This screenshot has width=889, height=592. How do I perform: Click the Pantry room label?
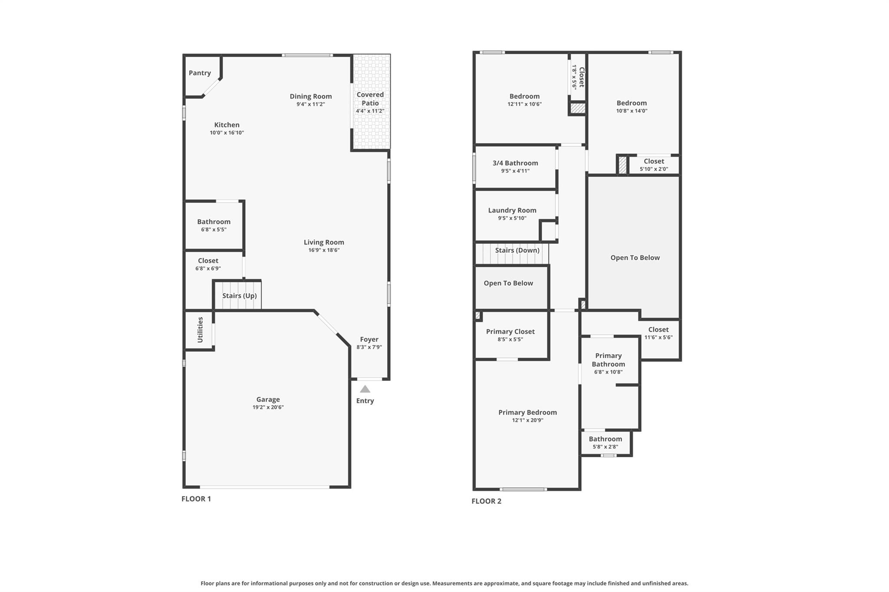200,73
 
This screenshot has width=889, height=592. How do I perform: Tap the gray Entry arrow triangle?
365,389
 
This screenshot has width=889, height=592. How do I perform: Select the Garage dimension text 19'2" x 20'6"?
268,407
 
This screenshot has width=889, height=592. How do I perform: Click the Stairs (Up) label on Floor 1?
239,296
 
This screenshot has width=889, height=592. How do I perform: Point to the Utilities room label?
200,330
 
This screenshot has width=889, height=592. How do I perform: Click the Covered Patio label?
370,99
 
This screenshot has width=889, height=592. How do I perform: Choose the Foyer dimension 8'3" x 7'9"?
369,347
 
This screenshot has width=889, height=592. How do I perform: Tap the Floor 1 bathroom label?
214,222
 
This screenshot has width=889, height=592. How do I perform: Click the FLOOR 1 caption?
196,499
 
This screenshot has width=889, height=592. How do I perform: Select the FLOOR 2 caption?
486,501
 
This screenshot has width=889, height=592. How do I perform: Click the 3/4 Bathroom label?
515,163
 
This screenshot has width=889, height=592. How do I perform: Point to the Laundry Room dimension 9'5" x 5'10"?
512,218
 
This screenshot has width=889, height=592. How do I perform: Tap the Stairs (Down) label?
517,250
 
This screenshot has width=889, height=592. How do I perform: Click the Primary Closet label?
510,331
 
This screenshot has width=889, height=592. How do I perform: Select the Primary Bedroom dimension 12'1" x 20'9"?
527,420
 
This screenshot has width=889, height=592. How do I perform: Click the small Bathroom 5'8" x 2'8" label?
605,439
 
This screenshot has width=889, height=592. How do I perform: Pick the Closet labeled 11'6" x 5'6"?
658,330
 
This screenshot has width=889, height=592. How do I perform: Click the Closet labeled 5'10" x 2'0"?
654,161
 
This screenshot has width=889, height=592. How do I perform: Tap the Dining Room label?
311,96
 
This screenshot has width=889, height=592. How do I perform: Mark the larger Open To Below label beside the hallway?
635,258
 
